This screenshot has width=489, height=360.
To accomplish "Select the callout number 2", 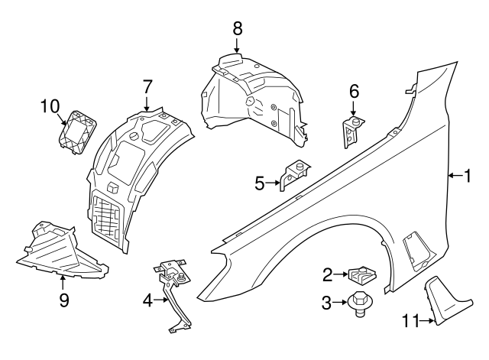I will [327, 274].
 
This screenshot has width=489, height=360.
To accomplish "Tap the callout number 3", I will [327, 303].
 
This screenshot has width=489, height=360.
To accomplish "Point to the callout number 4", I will [147, 300].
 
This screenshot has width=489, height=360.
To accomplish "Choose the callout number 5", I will [260, 183].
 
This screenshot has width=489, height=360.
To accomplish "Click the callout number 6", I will [354, 92].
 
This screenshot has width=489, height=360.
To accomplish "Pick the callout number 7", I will [147, 86].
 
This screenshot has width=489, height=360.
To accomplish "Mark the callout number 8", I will [238, 29].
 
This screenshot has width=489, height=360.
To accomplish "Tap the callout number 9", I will [64, 300].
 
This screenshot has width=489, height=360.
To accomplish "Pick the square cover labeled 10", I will [77, 131].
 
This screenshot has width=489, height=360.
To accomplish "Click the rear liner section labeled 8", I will [252, 96].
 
